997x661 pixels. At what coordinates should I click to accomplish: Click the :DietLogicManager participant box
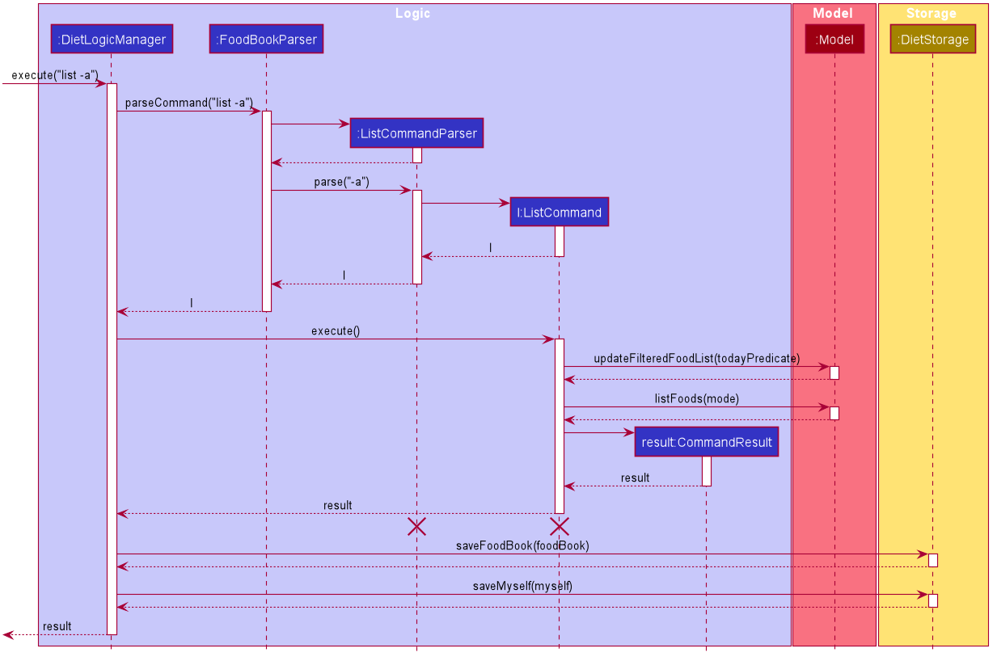tap(112, 39)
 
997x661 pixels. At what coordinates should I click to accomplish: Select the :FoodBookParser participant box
tap(266, 39)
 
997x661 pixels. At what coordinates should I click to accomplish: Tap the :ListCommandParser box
tap(416, 133)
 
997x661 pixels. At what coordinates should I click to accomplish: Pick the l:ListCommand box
tap(559, 212)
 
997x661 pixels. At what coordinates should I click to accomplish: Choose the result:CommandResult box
tap(707, 442)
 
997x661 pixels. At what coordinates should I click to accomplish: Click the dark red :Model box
tap(834, 39)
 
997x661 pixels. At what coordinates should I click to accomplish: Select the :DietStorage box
tap(933, 39)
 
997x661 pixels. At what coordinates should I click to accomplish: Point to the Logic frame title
tap(412, 14)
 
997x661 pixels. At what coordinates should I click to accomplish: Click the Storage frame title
tap(932, 14)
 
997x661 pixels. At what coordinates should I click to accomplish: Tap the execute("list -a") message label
tap(55, 74)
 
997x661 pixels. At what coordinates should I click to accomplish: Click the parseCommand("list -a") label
tap(188, 103)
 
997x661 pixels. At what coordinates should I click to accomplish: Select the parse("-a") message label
tap(341, 182)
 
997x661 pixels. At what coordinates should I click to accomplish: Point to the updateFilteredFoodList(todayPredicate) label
tap(696, 358)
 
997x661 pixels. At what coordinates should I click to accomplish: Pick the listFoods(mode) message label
tap(696, 398)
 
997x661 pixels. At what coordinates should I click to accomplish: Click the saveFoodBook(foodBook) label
tap(522, 545)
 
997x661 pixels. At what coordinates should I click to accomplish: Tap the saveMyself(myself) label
tap(522, 586)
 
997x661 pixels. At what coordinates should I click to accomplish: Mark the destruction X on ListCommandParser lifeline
tap(416, 527)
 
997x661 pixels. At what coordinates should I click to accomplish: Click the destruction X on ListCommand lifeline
tap(559, 527)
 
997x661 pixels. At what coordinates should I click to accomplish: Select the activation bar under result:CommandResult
tap(707, 471)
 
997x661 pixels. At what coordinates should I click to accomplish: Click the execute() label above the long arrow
tap(336, 330)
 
